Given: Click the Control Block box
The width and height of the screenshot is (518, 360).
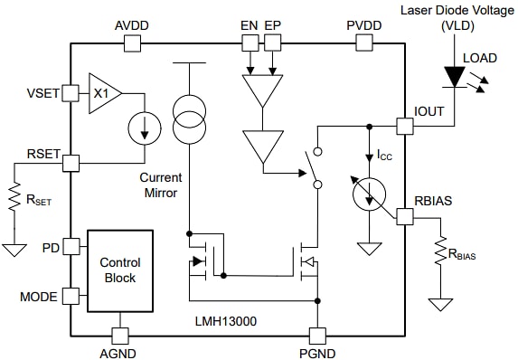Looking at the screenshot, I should click(119, 270).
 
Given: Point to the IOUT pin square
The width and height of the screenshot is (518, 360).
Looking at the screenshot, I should click(404, 126).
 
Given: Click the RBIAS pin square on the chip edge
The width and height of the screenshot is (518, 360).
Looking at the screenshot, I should click(404, 214).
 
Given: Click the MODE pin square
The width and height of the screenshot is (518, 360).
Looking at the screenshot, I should click(70, 296).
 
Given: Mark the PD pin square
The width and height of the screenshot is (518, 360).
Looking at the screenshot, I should click(70, 245).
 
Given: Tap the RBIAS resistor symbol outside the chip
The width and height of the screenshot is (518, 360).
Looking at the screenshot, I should click(440, 252).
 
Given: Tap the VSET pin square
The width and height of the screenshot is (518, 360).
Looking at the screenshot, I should click(70, 93).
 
